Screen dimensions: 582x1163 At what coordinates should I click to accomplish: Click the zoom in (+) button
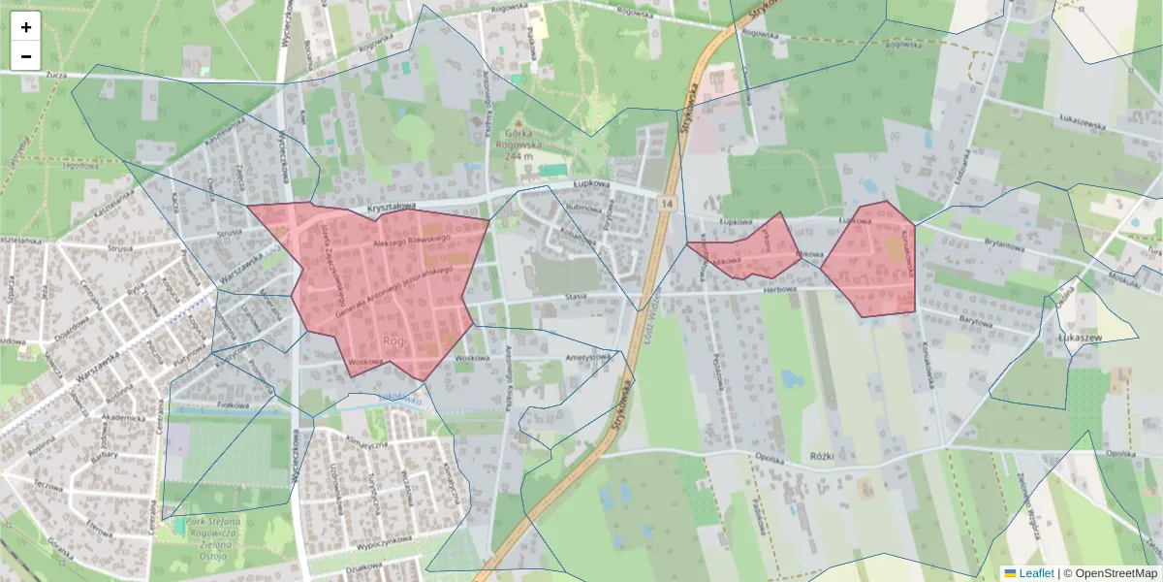(x=26, y=27)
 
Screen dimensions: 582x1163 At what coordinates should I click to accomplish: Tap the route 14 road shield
(x=667, y=204)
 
